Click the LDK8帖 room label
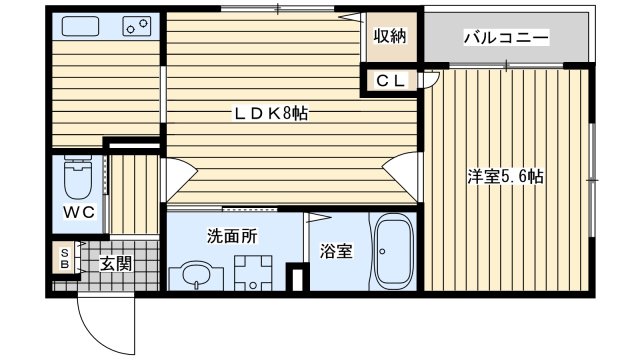click(270, 113)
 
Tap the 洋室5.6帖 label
click(505, 177)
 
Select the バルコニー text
click(505, 38)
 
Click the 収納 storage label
click(390, 37)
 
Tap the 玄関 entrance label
click(115, 263)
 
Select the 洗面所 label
click(232, 237)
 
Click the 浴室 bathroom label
click(336, 251)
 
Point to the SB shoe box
click(64, 259)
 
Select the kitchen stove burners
click(135, 28)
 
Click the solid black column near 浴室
click(294, 277)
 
